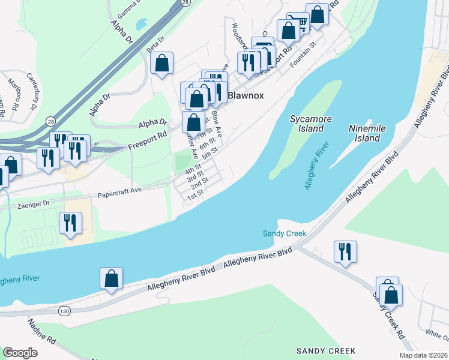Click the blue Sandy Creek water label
click(285, 233)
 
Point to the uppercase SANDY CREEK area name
click(326, 350)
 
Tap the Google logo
click(20, 353)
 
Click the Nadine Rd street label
click(42, 332)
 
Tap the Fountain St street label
click(303, 56)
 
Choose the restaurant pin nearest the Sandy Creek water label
click(345, 251)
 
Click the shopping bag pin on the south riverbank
click(111, 278)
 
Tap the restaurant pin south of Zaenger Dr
click(70, 223)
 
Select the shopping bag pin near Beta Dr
click(161, 63)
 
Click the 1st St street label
click(196, 196)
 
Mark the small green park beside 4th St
click(181, 161)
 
